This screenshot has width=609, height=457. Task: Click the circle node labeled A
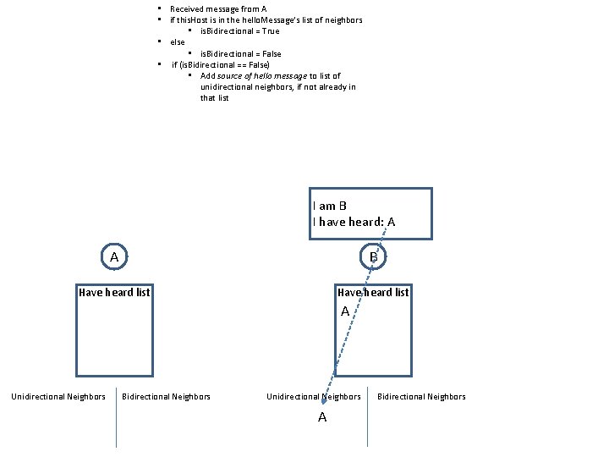click(114, 256)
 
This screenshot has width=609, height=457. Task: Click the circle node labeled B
click(373, 256)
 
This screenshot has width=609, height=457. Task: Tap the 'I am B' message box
click(370, 213)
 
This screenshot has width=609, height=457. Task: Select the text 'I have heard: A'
click(354, 222)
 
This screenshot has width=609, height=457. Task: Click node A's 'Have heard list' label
click(114, 292)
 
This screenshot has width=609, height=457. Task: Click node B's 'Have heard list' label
click(373, 292)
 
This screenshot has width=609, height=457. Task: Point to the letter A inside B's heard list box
click(345, 311)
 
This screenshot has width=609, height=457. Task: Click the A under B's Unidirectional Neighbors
click(322, 417)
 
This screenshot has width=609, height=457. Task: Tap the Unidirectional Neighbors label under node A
click(58, 396)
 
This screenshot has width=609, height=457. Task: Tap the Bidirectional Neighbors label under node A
click(167, 396)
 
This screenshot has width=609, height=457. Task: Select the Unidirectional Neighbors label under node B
click(314, 396)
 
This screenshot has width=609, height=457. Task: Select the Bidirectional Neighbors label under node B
click(421, 396)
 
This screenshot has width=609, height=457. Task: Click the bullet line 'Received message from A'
click(218, 8)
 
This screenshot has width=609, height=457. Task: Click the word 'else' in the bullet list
click(178, 41)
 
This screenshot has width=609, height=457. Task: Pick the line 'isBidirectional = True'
click(239, 30)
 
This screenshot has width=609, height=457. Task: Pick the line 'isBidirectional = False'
click(241, 53)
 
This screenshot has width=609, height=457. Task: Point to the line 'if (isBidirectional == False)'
click(221, 64)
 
